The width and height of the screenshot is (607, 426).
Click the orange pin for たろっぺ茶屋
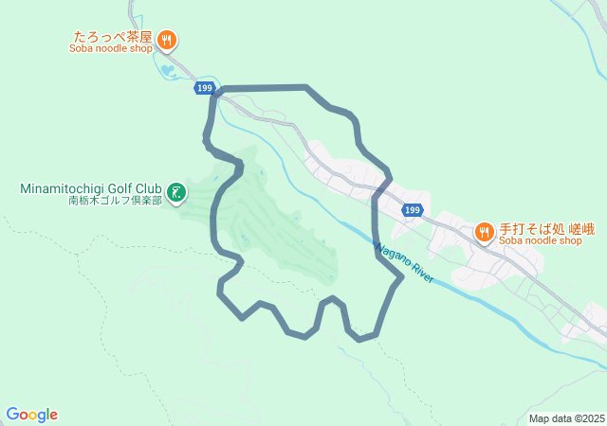tap(167, 39)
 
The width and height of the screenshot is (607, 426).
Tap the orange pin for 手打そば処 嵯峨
tap(484, 231)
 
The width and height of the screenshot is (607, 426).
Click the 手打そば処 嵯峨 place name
tap(541, 228)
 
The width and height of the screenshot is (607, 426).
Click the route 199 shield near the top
tap(205, 88)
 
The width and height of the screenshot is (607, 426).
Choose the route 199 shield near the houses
tap(411, 209)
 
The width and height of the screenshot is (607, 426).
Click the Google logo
tap(32, 415)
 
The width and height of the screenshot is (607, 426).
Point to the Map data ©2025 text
tap(566, 418)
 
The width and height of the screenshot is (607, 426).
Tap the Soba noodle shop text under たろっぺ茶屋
tap(110, 49)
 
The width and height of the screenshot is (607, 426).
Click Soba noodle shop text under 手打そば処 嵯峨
tap(540, 240)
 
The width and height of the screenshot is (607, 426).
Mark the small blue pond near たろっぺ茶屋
tap(168, 69)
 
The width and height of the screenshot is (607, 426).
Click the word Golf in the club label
tap(120, 187)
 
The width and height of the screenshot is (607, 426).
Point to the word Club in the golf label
tap(148, 187)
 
